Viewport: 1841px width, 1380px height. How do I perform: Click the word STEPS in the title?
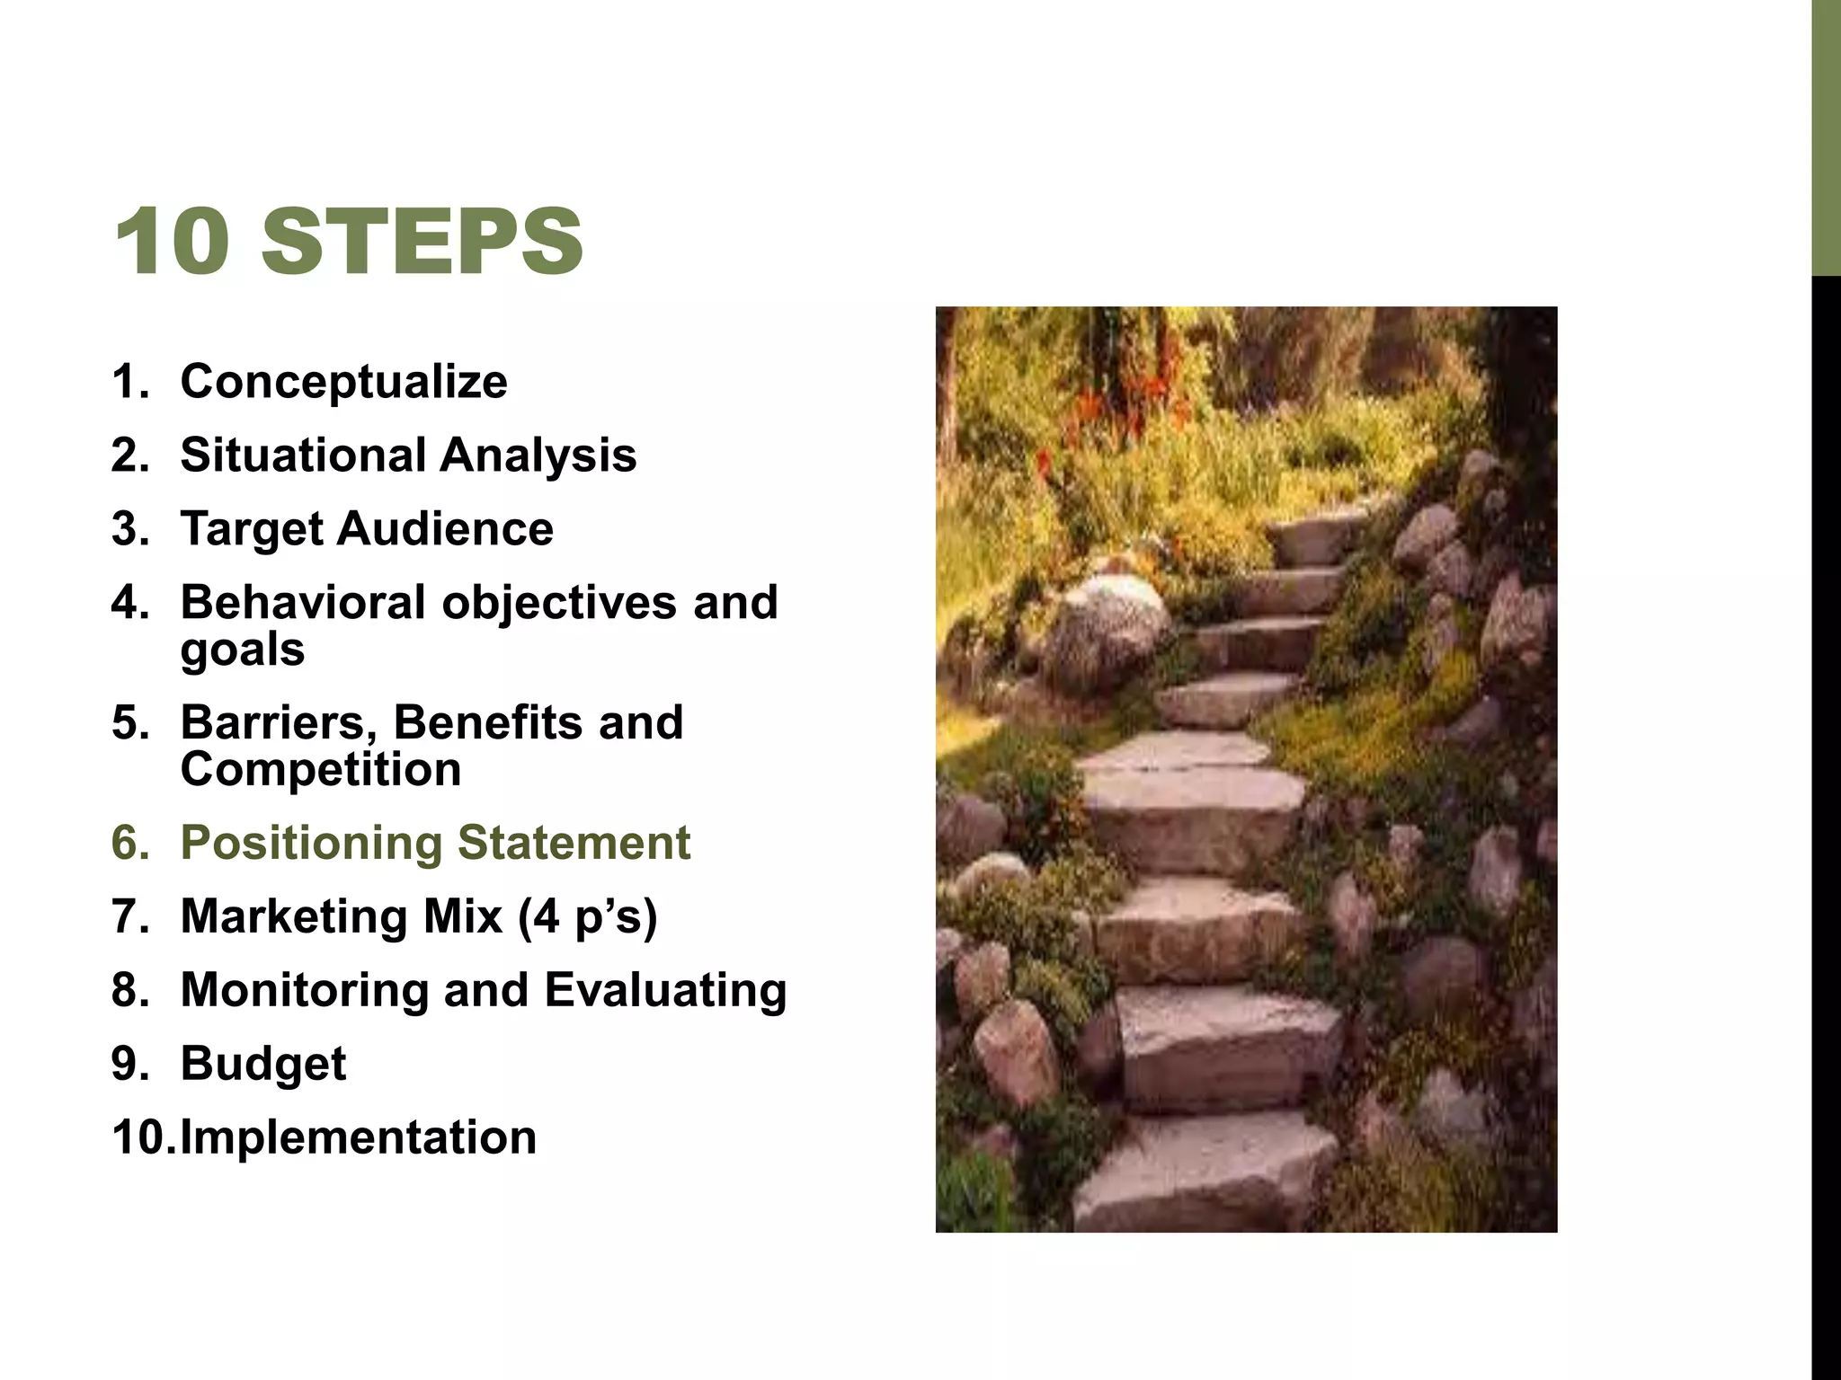tap(422, 241)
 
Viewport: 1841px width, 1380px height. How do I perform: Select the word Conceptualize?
tap(343, 382)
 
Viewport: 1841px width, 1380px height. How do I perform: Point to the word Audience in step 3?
tap(445, 528)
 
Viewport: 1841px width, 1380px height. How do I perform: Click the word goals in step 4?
tap(243, 650)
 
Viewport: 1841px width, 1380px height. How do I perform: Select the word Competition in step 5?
tap(321, 770)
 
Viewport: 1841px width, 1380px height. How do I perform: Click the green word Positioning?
tap(311, 844)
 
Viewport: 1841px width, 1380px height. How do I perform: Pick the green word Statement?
tap(574, 843)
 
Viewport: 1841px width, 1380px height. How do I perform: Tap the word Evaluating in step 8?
tap(665, 991)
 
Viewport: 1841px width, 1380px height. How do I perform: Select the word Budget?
tap(262, 1065)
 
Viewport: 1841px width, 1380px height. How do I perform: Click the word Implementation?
tap(358, 1137)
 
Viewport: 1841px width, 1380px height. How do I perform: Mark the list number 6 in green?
tap(129, 844)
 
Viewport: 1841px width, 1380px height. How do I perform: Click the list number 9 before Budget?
tap(129, 1065)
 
